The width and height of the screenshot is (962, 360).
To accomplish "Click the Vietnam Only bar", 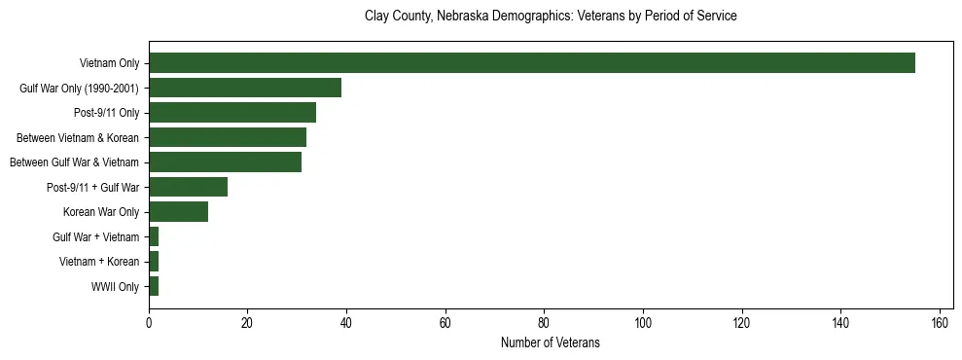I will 531,63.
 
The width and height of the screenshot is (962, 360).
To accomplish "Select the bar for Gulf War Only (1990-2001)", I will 245,88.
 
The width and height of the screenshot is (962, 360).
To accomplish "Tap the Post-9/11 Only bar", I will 232,113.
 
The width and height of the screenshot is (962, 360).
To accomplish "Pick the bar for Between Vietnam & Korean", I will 228,137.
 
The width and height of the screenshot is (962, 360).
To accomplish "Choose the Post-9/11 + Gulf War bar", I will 188,187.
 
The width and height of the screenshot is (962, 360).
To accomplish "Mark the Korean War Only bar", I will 178,212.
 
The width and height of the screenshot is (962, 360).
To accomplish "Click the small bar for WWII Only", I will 154,286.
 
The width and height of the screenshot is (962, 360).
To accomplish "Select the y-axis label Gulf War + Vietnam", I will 96,237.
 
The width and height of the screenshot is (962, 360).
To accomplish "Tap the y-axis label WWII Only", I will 115,287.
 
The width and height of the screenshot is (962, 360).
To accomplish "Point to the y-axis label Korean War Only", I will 101,212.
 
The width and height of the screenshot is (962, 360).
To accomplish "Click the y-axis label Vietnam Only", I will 109,64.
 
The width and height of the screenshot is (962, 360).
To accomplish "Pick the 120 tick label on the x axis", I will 742,322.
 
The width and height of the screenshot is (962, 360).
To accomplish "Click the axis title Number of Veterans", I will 550,343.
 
